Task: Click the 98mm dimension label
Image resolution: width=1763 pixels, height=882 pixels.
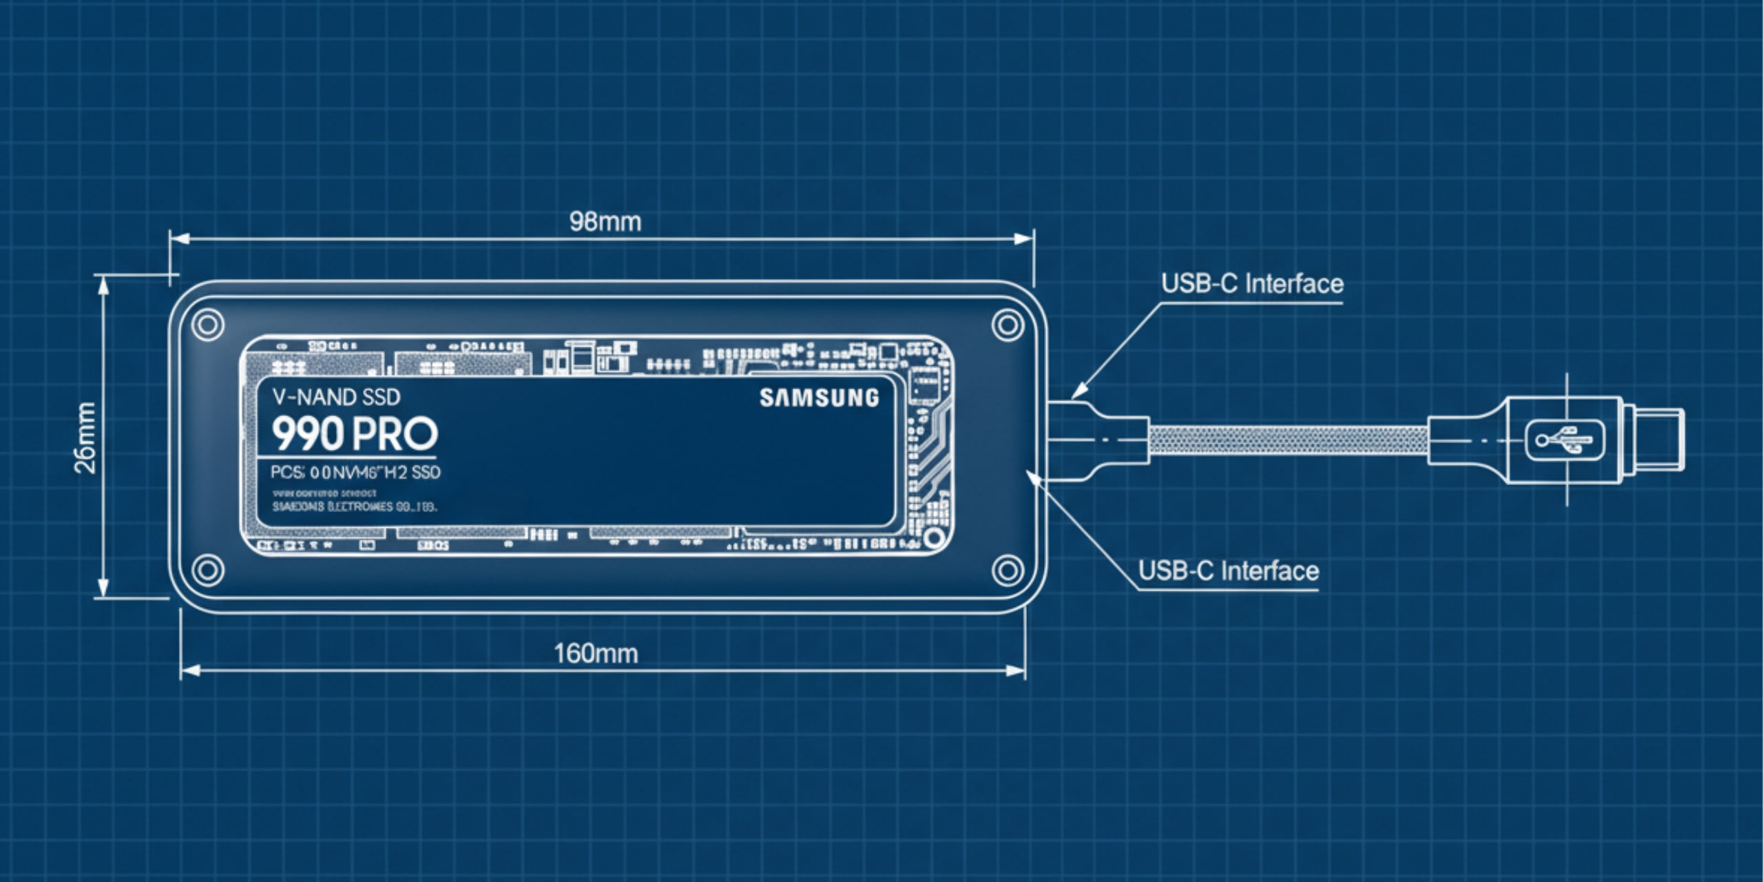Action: click(x=605, y=222)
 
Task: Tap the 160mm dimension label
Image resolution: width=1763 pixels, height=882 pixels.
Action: click(x=596, y=653)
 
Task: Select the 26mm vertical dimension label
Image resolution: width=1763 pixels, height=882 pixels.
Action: click(x=85, y=438)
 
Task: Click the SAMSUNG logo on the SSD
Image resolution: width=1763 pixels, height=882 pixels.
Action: click(x=819, y=398)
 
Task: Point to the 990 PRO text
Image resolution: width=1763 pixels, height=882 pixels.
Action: click(x=355, y=433)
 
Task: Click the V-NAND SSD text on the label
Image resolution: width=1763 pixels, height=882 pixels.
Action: click(x=336, y=397)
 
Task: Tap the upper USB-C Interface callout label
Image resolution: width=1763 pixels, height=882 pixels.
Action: click(x=1252, y=284)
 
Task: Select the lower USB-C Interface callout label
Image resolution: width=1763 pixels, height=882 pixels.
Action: click(x=1229, y=571)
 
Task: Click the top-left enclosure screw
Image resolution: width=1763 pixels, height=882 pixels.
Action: click(x=207, y=325)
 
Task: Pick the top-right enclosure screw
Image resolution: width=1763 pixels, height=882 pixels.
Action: click(x=1008, y=325)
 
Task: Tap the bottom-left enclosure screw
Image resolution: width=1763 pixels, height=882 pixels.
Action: click(x=207, y=570)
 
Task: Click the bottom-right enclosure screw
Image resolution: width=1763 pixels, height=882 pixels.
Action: click(x=1008, y=570)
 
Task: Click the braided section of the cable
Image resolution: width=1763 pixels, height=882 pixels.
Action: click(x=1288, y=440)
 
